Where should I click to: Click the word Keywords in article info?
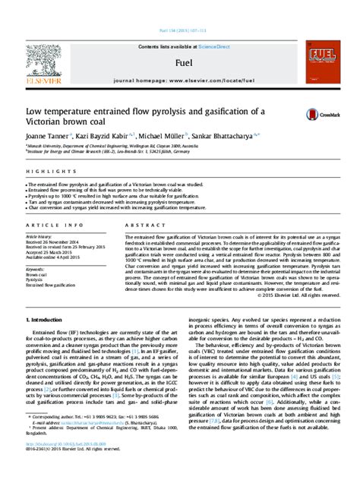click(35, 268)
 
